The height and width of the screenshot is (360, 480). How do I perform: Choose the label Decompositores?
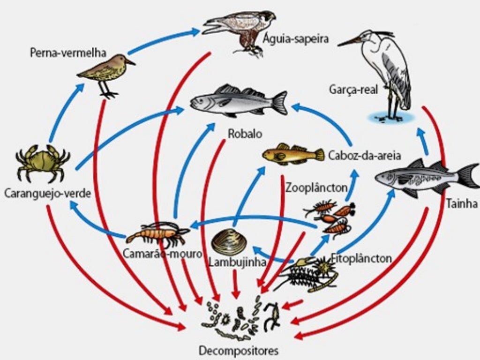click(x=239, y=350)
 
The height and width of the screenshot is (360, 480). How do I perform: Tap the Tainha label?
click(x=462, y=204)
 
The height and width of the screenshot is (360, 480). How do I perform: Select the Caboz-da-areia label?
click(x=365, y=155)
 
